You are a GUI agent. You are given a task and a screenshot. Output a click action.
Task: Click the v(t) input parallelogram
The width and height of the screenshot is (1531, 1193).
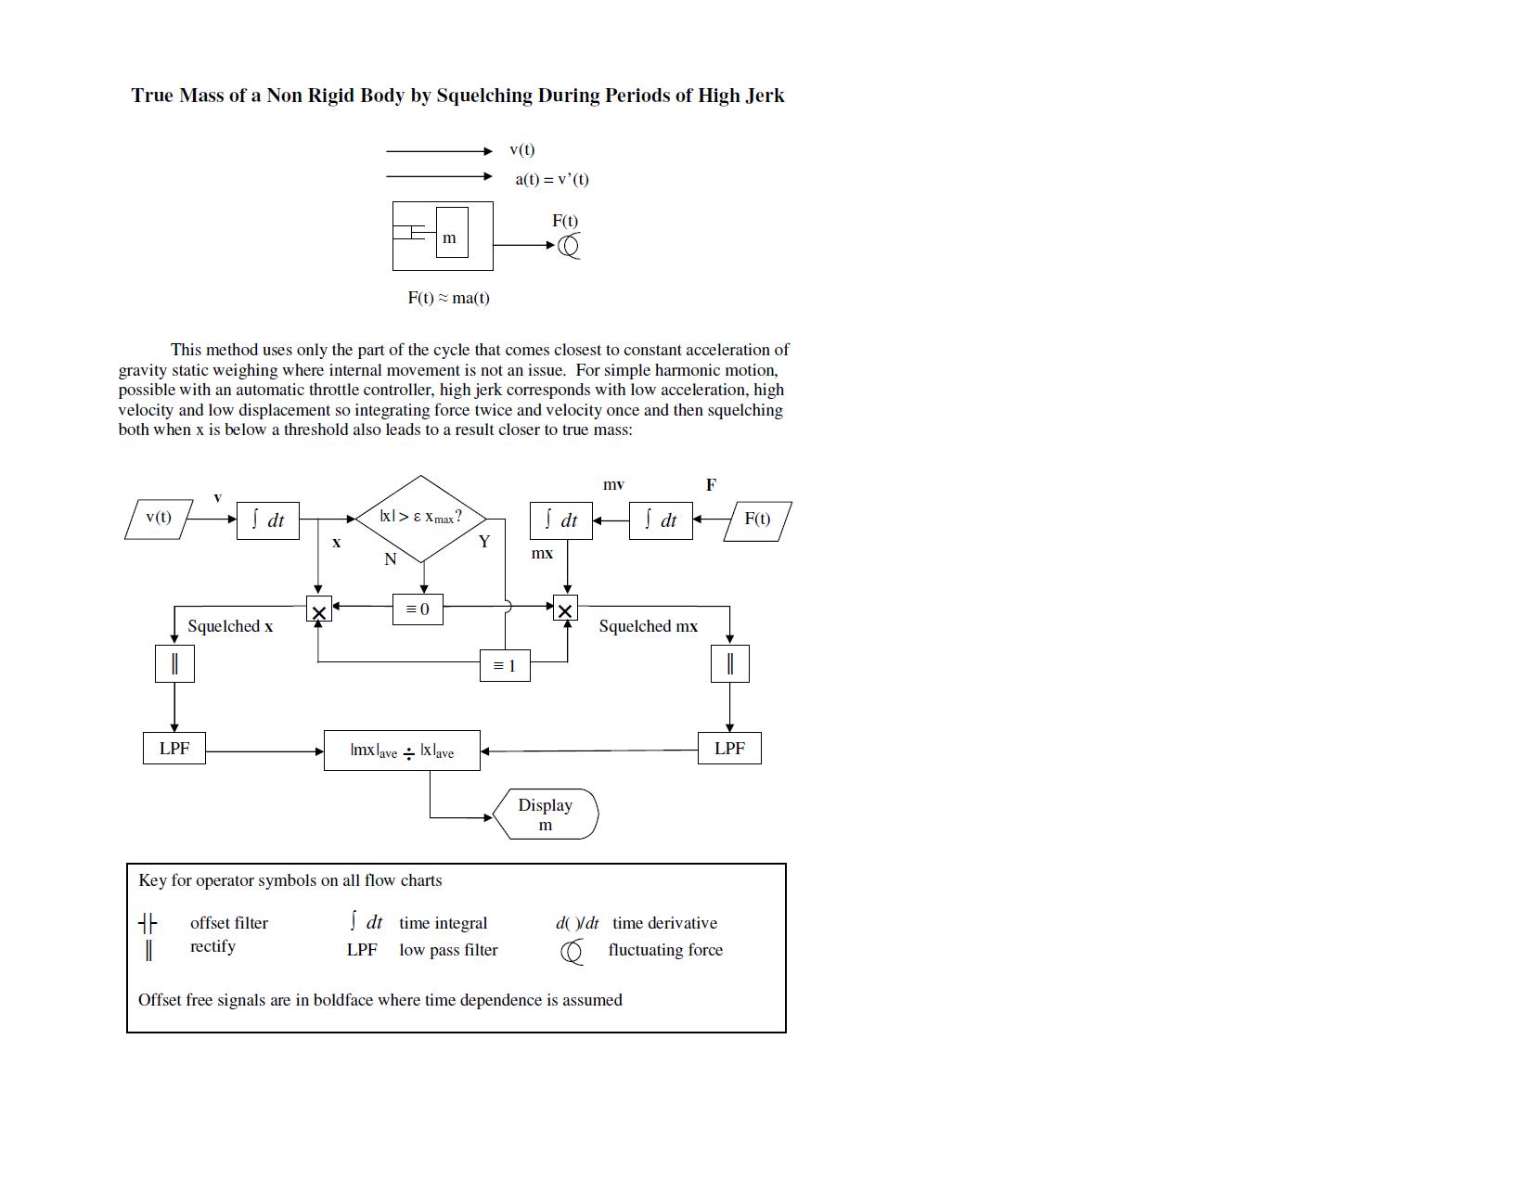[159, 519]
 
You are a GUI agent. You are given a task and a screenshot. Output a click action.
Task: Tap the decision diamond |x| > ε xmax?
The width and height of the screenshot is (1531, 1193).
[421, 518]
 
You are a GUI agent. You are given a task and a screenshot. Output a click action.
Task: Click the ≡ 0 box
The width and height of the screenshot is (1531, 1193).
[418, 609]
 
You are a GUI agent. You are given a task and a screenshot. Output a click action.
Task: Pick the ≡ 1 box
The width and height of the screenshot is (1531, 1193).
[505, 666]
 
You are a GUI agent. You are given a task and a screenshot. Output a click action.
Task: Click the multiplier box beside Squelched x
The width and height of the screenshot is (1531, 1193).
[318, 610]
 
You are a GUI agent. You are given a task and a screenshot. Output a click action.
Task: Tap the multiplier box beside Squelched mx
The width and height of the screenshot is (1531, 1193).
[565, 609]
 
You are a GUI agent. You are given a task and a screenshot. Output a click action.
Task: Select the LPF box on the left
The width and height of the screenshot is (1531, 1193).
[174, 749]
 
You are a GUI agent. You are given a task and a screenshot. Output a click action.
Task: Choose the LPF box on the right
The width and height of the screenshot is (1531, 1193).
[729, 749]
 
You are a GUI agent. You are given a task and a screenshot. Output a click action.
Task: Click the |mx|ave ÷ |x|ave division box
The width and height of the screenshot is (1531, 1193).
[402, 750]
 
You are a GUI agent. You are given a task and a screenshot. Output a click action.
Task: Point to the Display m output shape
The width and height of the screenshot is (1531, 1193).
[546, 815]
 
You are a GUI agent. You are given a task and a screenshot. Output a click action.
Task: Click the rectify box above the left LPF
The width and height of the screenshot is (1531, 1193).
[174, 663]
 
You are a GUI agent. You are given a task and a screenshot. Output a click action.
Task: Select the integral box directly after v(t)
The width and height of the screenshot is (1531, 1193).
[268, 520]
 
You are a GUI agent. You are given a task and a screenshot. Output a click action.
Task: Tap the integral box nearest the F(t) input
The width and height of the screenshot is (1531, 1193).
[661, 520]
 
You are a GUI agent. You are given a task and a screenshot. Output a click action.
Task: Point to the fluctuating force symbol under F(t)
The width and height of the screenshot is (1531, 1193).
[570, 246]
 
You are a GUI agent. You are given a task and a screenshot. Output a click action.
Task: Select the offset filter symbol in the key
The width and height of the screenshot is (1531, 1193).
[148, 923]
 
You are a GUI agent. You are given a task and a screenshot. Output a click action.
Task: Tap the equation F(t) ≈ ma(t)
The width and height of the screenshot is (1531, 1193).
[449, 298]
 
